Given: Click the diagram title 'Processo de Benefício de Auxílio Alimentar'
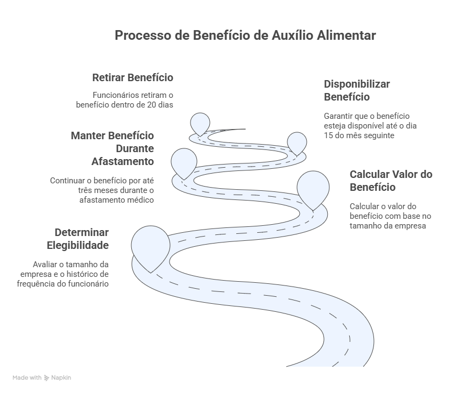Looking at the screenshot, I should point(245,35).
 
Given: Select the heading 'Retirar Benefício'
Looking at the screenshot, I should point(132,77).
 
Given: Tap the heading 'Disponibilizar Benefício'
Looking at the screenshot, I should point(357,90).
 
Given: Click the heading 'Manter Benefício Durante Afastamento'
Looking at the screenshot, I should point(112,148).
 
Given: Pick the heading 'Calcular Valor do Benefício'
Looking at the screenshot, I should point(391,181).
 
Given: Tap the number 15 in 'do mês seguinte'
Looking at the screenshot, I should point(329,135).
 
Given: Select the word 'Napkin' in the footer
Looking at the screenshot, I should point(61,378).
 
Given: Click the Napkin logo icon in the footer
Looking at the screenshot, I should point(47,378).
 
